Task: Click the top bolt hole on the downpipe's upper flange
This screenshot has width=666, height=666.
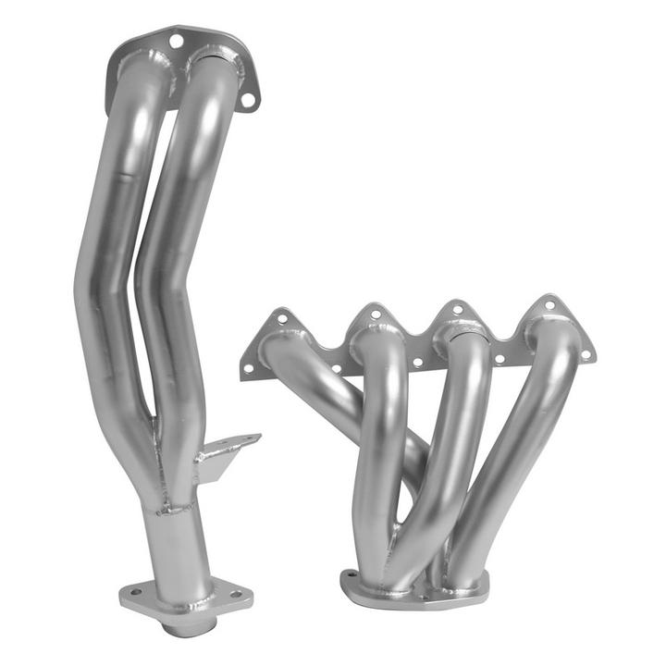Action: point(176,40)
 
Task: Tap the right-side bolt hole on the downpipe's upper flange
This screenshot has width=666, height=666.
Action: point(247,99)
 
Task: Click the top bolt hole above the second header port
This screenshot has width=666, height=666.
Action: point(375,314)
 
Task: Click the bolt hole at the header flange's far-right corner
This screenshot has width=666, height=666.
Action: point(585,354)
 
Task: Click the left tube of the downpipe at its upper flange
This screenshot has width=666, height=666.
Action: point(139,92)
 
